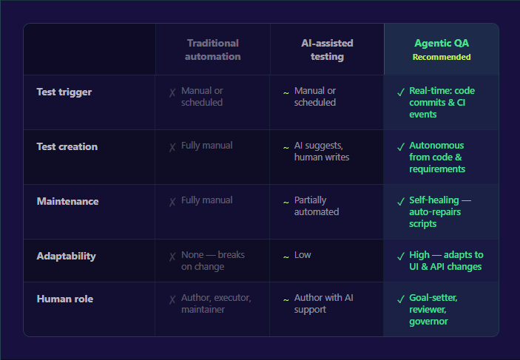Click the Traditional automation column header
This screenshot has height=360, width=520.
(x=213, y=50)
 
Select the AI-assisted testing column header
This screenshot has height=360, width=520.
(x=327, y=50)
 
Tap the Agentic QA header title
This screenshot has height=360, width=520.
(x=442, y=43)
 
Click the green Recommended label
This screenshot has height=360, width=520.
(x=442, y=57)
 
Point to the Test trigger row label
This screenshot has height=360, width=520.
(x=64, y=92)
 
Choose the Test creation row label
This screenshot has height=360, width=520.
(x=67, y=147)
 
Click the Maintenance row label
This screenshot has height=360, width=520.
(x=67, y=202)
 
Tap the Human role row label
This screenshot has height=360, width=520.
(x=65, y=299)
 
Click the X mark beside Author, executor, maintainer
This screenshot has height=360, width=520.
(x=172, y=299)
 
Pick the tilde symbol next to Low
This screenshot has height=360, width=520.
(x=286, y=256)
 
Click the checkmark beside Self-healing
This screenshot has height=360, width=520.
(x=400, y=201)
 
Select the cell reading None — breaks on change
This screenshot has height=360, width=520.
(x=213, y=260)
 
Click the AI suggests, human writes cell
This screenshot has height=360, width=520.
(x=322, y=152)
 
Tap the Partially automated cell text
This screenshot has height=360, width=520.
(x=317, y=206)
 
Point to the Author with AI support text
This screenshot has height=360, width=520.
(x=324, y=304)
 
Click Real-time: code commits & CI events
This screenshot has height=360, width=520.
(x=442, y=103)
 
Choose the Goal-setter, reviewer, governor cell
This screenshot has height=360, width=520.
(x=433, y=309)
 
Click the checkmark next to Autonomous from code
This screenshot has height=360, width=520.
(x=400, y=146)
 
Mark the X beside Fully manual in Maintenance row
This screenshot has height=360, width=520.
(x=172, y=201)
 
